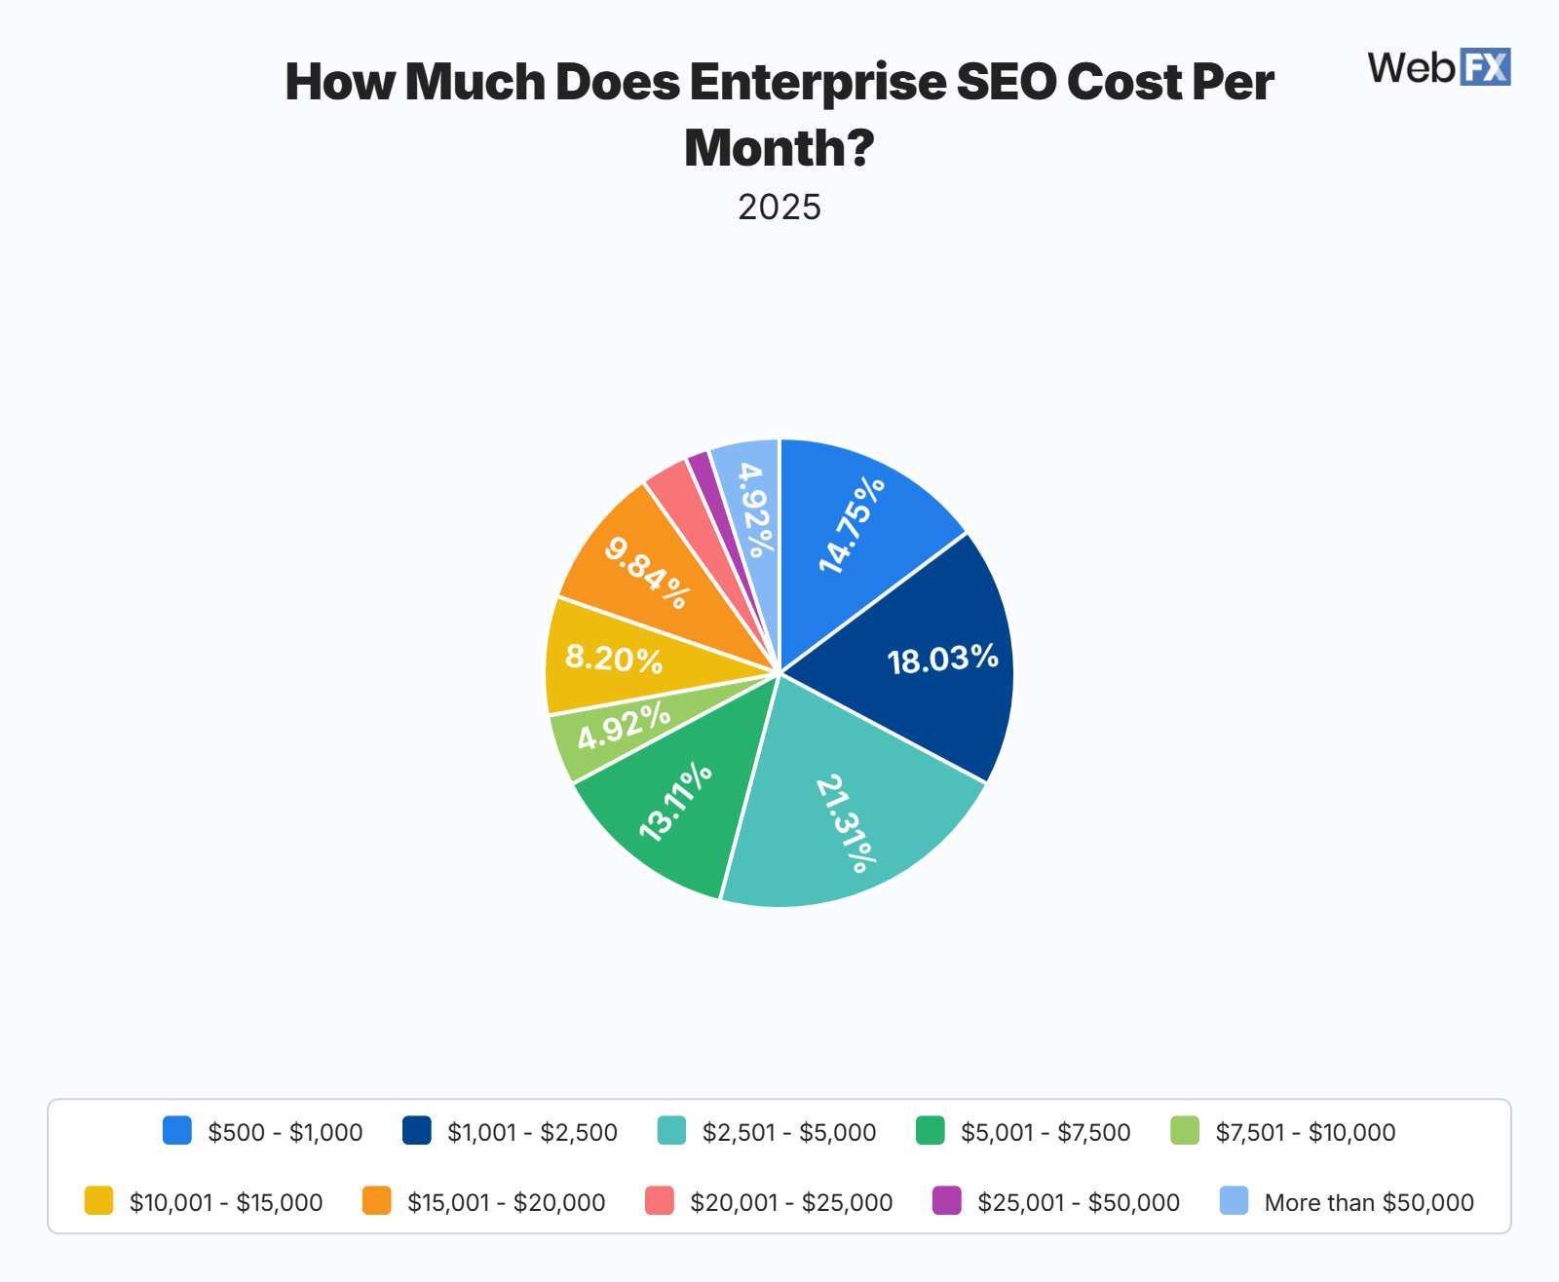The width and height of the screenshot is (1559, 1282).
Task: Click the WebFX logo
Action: pyautogui.click(x=1439, y=67)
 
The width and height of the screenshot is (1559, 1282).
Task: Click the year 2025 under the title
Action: pyautogui.click(x=779, y=207)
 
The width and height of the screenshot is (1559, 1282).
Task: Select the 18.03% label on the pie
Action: pyautogui.click(x=942, y=660)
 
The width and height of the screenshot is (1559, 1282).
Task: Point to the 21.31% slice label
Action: pyautogui.click(x=846, y=823)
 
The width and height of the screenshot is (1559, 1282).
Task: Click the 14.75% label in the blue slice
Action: pyautogui.click(x=852, y=524)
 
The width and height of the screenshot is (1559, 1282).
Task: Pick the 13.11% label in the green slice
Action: pyautogui.click(x=675, y=802)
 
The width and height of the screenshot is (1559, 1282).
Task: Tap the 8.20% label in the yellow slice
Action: pyautogui.click(x=614, y=660)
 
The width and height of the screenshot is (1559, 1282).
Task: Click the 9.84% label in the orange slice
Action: pyautogui.click(x=647, y=573)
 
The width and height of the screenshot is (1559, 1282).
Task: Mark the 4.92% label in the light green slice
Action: pyautogui.click(x=624, y=727)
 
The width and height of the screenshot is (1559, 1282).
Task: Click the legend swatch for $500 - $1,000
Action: pyautogui.click(x=177, y=1131)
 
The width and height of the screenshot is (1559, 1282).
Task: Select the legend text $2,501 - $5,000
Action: pyautogui.click(x=789, y=1132)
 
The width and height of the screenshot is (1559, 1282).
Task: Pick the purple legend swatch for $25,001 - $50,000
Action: pyautogui.click(x=947, y=1201)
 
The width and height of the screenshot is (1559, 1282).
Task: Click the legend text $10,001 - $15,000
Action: pyautogui.click(x=226, y=1202)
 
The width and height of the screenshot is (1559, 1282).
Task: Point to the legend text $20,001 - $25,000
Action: pyautogui.click(x=791, y=1202)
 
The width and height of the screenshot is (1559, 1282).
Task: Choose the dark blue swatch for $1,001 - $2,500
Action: pyautogui.click(x=417, y=1131)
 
